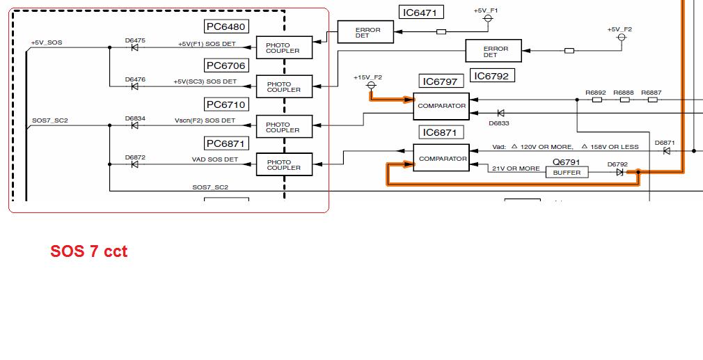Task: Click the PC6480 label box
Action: (226, 26)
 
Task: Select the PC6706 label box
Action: (226, 65)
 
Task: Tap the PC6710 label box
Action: (226, 104)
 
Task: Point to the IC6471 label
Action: (422, 12)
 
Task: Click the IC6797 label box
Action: (440, 81)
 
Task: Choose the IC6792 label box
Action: (492, 75)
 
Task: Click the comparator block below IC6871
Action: (442, 159)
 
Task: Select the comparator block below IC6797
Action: (441, 106)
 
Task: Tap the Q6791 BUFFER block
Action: (567, 172)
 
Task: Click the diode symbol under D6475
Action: (134, 47)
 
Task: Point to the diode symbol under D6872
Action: (134, 164)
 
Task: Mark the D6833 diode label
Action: (498, 123)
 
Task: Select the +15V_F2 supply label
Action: (368, 77)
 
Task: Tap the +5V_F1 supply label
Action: (486, 10)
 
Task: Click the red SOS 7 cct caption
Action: (88, 251)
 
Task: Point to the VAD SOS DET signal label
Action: (214, 159)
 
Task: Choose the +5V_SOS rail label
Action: (47, 42)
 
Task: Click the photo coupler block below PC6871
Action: (283, 164)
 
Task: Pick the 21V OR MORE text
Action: (515, 169)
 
